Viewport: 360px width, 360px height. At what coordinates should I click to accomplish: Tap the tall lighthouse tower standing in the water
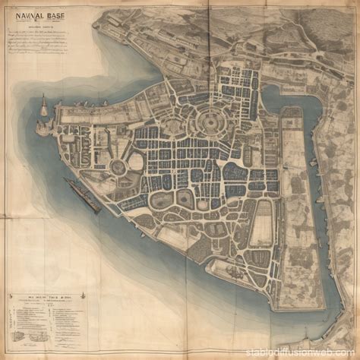coord(43,105)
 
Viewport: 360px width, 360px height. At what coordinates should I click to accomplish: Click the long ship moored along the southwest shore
coord(82,194)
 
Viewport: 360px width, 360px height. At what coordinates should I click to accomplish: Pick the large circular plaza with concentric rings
coord(210,121)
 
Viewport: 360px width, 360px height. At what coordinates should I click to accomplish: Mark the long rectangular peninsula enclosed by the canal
coord(292,205)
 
